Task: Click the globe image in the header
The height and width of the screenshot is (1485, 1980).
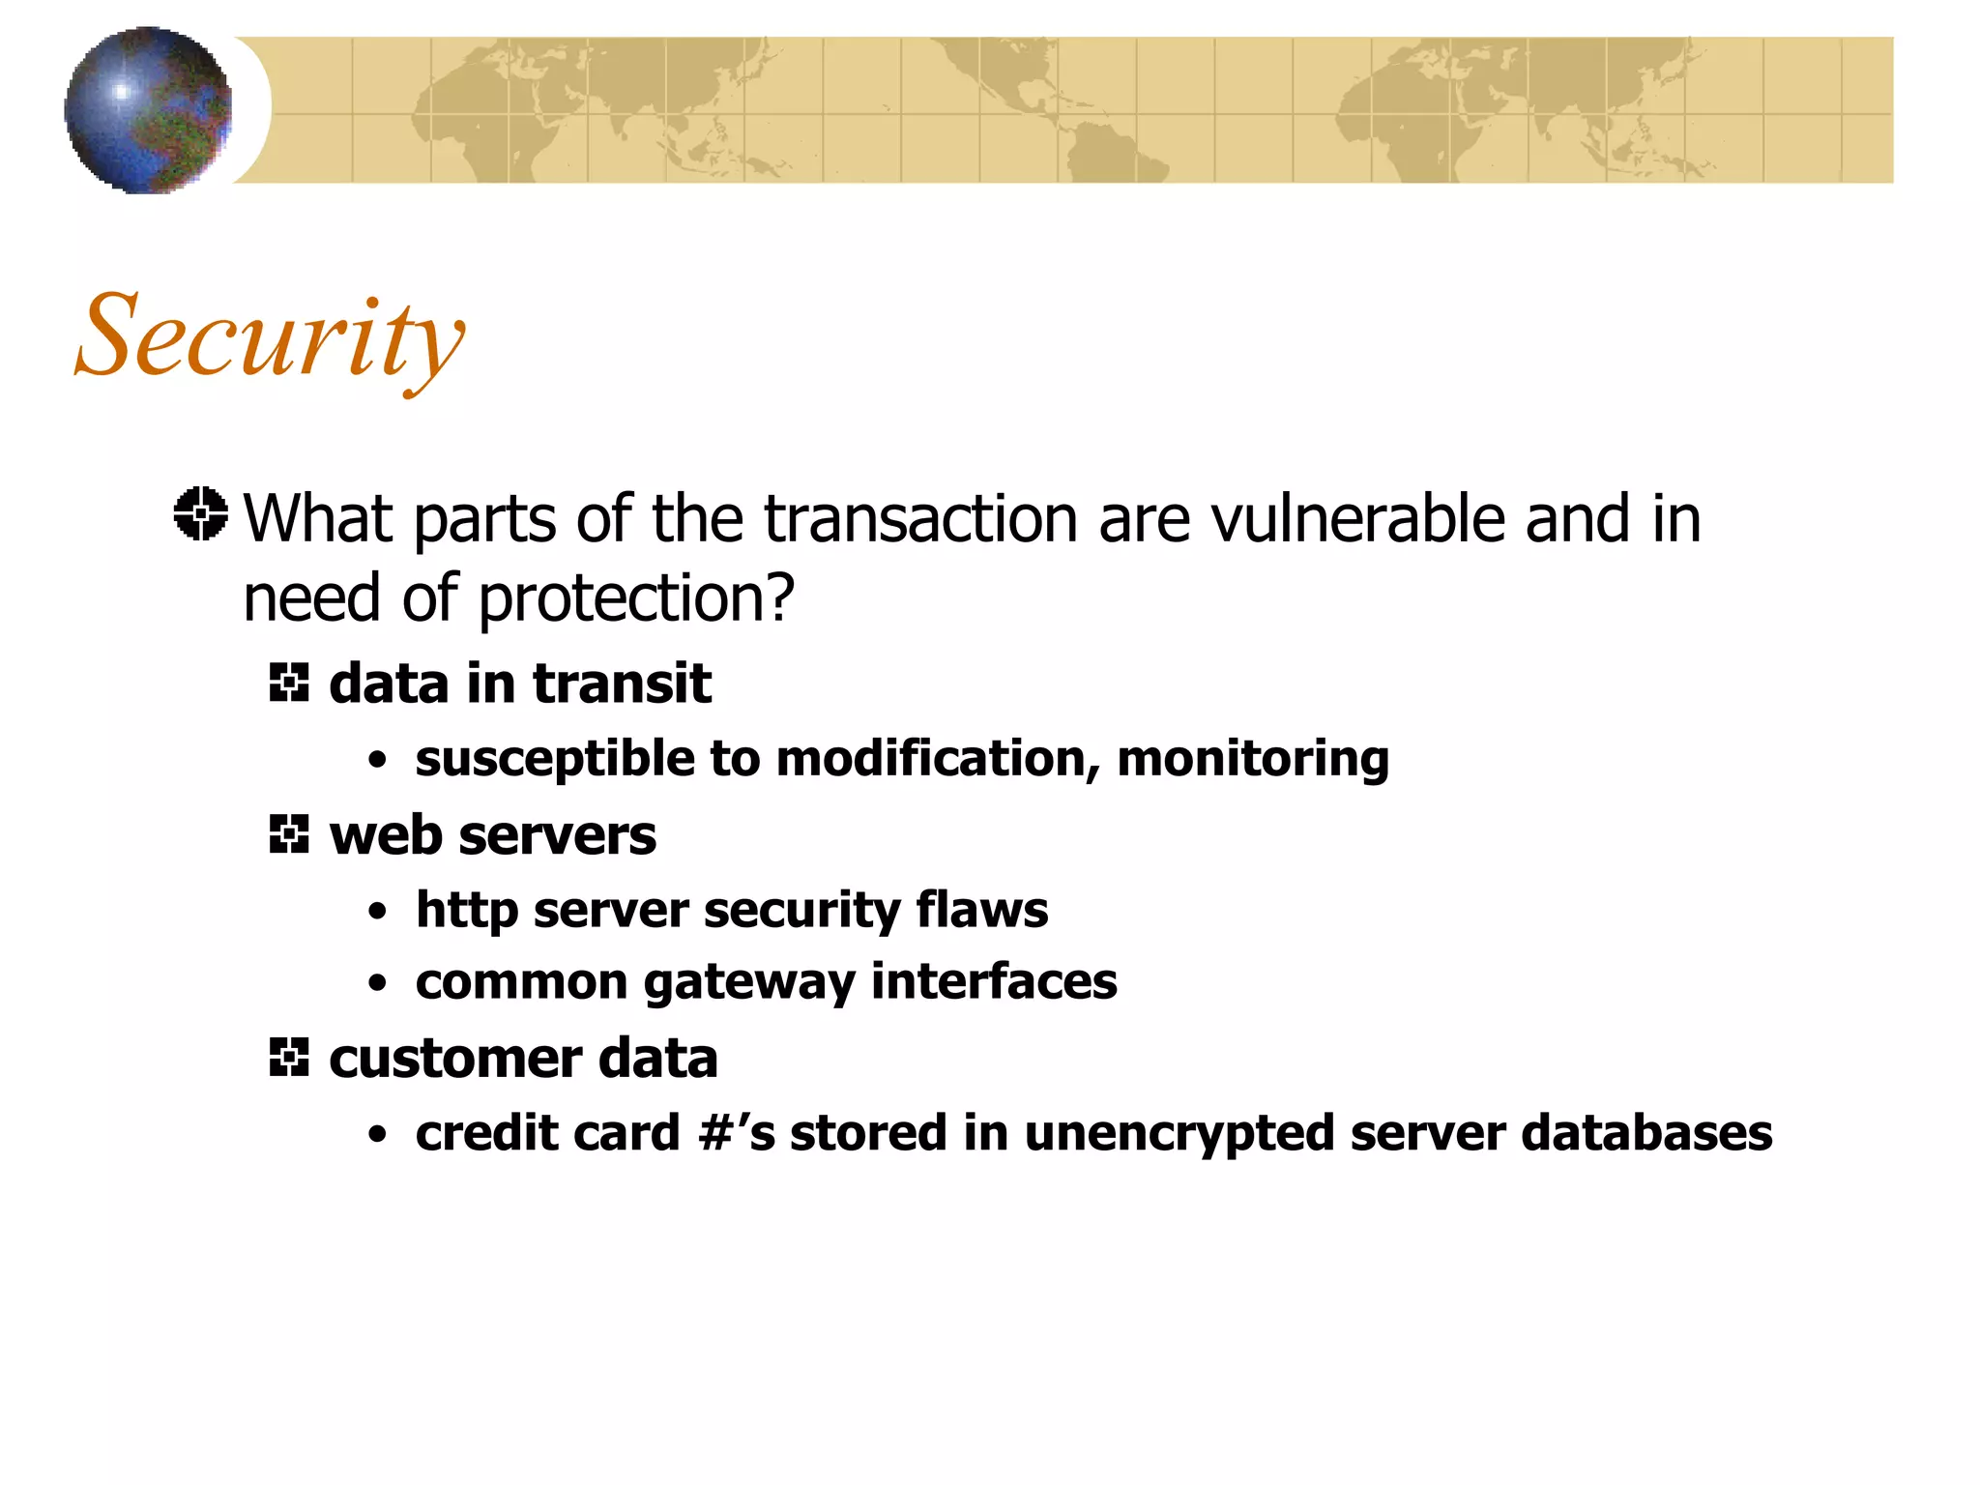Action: [x=148, y=110]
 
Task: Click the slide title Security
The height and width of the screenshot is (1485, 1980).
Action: [x=270, y=337]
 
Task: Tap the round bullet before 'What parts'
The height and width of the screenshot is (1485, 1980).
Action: [x=201, y=513]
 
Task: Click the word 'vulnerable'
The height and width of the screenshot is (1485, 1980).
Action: [x=1357, y=519]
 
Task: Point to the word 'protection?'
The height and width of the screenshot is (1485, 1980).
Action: [x=636, y=599]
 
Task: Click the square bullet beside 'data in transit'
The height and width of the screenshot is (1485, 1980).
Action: [x=289, y=684]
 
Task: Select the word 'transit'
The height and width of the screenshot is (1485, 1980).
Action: [x=622, y=684]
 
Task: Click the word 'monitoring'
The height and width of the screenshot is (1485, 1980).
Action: [x=1253, y=759]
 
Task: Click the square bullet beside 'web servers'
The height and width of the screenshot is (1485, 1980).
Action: [x=289, y=834]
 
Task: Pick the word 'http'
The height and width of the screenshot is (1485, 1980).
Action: [x=465, y=911]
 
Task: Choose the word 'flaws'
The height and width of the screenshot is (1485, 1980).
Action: [x=981, y=911]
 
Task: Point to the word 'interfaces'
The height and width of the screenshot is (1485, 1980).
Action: [x=994, y=982]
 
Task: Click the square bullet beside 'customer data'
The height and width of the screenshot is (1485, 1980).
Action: [x=289, y=1058]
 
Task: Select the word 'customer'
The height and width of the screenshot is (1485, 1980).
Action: [x=455, y=1059]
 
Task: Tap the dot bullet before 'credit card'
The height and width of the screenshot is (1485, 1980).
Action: [x=377, y=1135]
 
